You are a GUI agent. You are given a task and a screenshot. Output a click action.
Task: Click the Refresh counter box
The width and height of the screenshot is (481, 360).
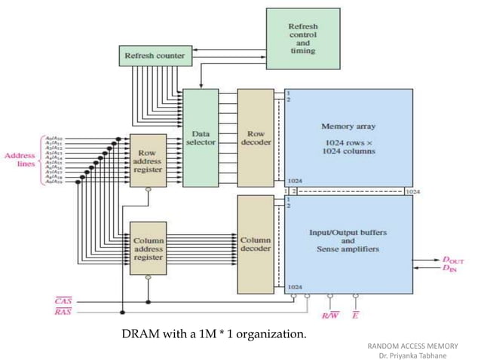[155, 55]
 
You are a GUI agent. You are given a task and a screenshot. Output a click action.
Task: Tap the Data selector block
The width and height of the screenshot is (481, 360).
[200, 137]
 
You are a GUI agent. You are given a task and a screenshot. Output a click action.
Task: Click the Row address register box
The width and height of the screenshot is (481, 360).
[147, 160]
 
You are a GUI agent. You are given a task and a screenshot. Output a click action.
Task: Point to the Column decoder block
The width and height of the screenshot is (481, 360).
[255, 244]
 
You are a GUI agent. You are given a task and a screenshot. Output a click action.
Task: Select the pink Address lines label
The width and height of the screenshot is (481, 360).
[20, 160]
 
